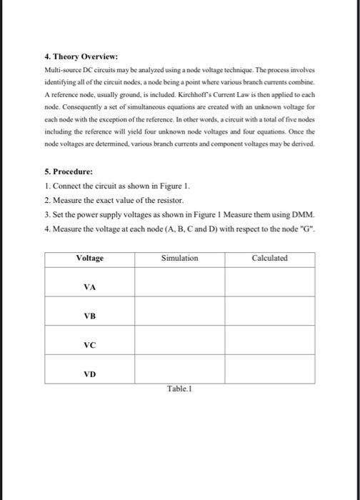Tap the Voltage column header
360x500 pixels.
click(89, 258)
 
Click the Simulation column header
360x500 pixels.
click(179, 258)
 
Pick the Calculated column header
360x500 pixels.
click(269, 258)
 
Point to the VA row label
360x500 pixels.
click(89, 286)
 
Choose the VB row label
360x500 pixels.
click(89, 316)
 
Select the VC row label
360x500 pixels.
click(89, 344)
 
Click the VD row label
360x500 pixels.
click(89, 373)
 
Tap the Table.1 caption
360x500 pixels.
click(179, 389)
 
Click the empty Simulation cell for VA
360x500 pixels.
click(179, 281)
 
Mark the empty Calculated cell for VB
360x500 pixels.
click(269, 311)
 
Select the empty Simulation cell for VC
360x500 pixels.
click(179, 341)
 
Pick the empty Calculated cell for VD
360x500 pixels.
click(269, 369)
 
